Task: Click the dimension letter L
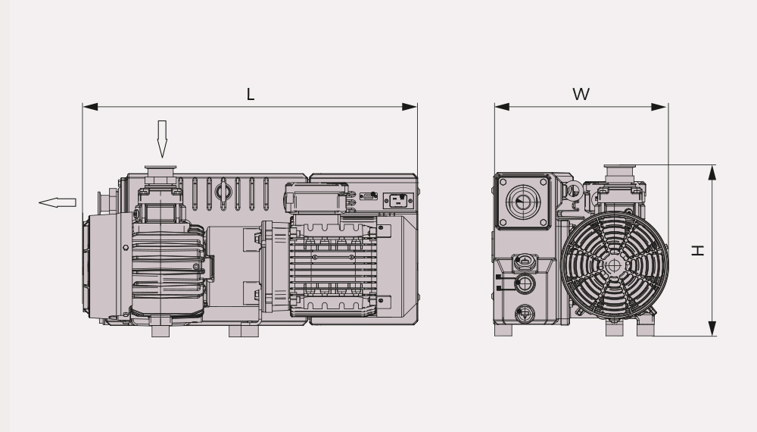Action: click(250, 94)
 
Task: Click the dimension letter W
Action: click(581, 94)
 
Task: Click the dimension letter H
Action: click(698, 250)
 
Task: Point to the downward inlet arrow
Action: click(162, 139)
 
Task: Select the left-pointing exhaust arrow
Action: click(57, 202)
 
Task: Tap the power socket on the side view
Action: click(398, 201)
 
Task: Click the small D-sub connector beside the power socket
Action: click(369, 196)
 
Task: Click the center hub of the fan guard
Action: click(614, 265)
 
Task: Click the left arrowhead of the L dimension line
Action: click(90, 107)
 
